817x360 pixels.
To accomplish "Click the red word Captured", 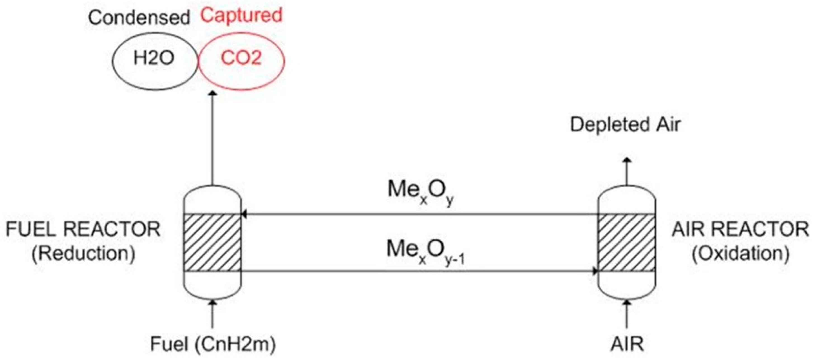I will click(x=241, y=15).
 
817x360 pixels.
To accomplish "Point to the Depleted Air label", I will click(x=625, y=125).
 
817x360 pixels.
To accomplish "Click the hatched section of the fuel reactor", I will click(x=212, y=243).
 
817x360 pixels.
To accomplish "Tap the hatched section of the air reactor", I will click(x=626, y=243).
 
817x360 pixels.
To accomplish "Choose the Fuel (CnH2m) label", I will click(x=213, y=344).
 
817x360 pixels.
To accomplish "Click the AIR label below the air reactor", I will click(x=627, y=344).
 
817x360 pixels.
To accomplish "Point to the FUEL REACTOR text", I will click(x=83, y=229).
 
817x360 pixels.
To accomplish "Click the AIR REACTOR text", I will click(x=740, y=229).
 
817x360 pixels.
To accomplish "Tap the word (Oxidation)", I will click(x=740, y=254).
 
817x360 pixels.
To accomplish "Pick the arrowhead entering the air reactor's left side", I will click(x=595, y=271).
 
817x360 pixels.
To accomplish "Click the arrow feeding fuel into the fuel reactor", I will click(x=213, y=314).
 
